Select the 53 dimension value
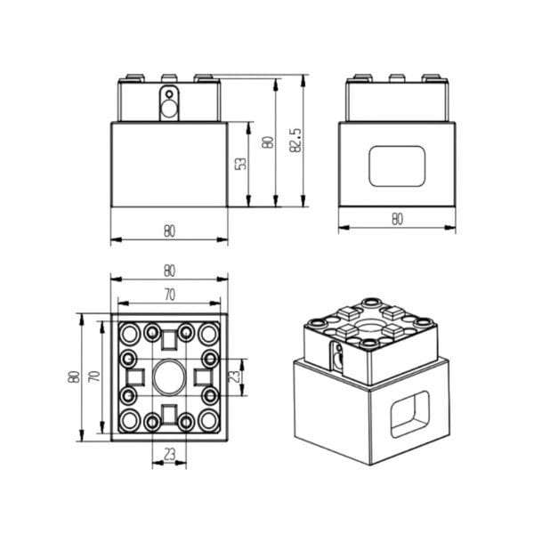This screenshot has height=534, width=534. (240, 165)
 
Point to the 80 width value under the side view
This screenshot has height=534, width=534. (397, 218)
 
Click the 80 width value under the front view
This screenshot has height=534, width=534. (169, 231)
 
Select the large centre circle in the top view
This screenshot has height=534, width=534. (168, 376)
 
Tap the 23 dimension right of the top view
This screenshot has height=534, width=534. (235, 376)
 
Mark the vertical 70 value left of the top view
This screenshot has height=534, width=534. (92, 376)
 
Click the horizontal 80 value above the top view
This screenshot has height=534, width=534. (169, 271)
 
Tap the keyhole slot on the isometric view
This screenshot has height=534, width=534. (337, 358)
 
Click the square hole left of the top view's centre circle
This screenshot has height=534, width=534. (134, 376)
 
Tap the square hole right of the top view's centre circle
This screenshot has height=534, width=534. (202, 376)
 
